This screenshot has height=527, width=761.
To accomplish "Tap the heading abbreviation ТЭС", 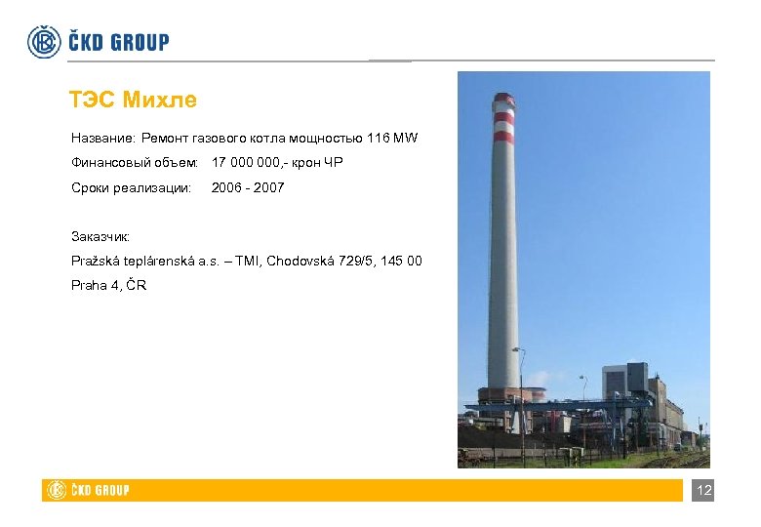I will click(94, 100).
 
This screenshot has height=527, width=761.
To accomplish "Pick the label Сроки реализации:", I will click(131, 186).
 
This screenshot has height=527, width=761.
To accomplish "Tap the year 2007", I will click(267, 186).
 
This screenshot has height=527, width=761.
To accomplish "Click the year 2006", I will click(227, 186).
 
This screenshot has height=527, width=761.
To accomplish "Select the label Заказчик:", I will click(100, 236).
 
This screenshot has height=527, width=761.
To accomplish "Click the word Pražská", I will click(95, 261).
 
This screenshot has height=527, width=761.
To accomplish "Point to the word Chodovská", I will click(300, 261).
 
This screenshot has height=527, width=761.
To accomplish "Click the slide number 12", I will click(703, 491).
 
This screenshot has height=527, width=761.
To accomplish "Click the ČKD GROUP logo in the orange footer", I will click(89, 490).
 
